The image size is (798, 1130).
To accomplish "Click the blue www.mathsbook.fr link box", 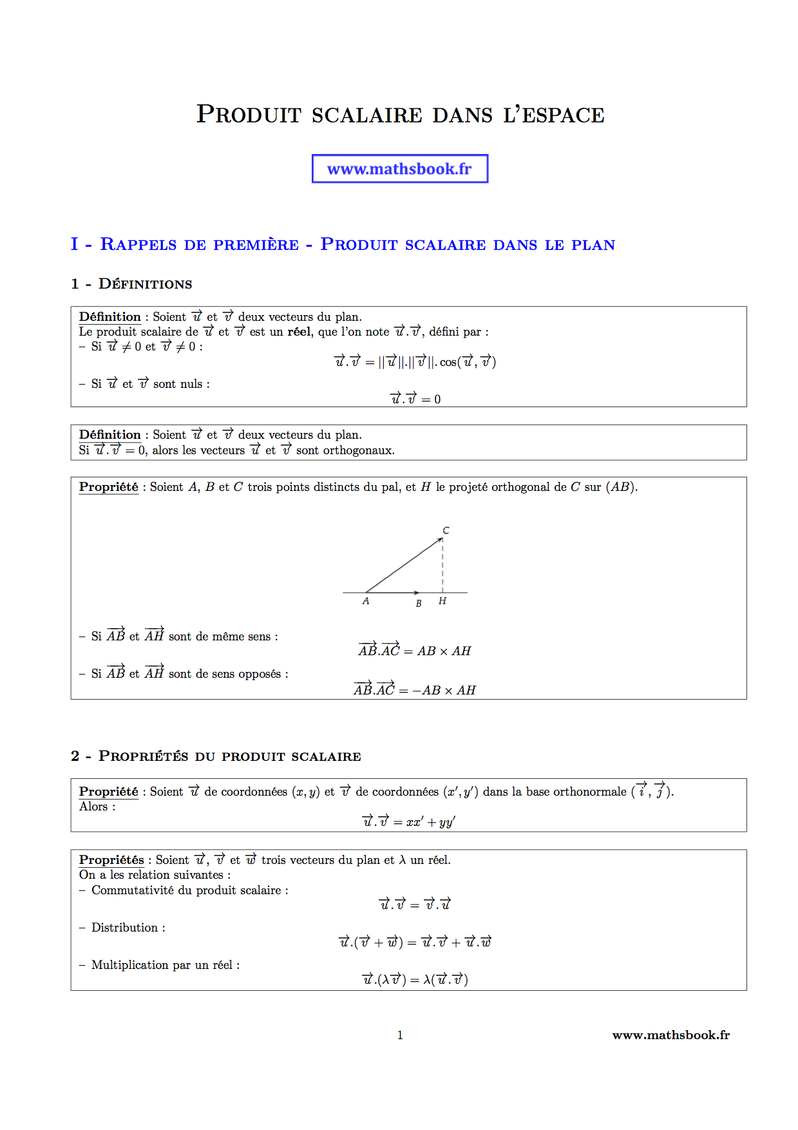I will (399, 169).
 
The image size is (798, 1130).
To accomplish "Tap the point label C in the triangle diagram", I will (446, 530).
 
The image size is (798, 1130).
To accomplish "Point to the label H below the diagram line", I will (442, 601).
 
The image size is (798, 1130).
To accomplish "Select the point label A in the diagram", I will (366, 601).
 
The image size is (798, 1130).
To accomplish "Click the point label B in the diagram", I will (419, 604).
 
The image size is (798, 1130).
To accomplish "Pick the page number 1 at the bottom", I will (400, 1035).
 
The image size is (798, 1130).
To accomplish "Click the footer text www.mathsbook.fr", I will (670, 1035).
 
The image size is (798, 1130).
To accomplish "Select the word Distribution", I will (124, 928).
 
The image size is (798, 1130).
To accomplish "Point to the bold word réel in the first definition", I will (299, 332).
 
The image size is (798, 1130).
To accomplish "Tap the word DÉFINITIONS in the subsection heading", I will (145, 284).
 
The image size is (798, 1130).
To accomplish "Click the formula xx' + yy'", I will (431, 822).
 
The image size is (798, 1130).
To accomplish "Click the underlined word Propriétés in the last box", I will (111, 860).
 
